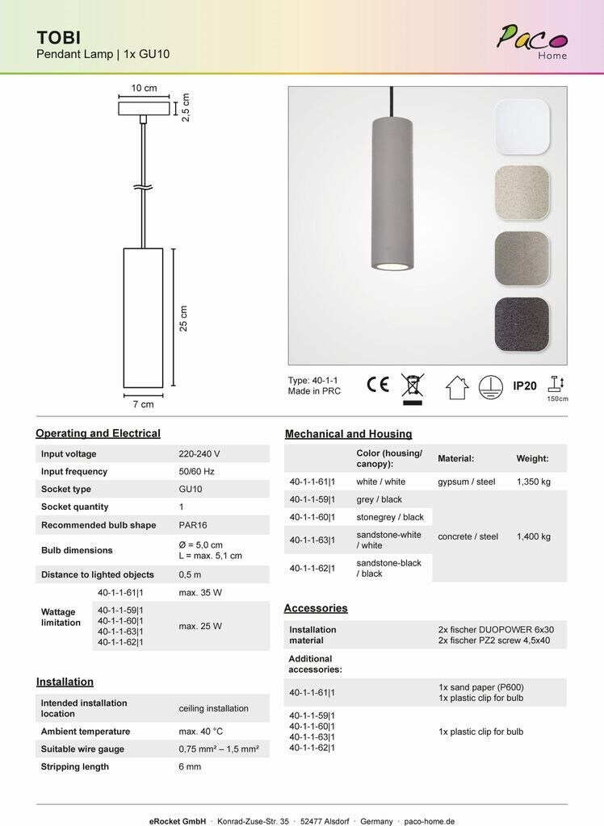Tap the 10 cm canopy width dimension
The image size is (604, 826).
click(x=145, y=89)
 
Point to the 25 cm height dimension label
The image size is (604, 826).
click(x=184, y=319)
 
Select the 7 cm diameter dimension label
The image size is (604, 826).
click(x=143, y=404)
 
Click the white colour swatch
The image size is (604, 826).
click(x=522, y=127)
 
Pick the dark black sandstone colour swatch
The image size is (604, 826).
click(x=522, y=325)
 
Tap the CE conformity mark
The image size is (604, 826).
click(x=377, y=385)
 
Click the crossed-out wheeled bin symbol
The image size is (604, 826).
click(x=413, y=386)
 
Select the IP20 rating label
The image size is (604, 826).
click(x=525, y=386)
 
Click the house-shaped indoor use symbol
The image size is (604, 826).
click(x=457, y=387)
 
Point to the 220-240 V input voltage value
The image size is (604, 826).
click(x=199, y=454)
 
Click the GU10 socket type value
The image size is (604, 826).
click(x=191, y=490)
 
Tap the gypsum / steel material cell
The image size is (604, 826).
click(x=466, y=482)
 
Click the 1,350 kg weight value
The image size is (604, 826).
click(x=534, y=482)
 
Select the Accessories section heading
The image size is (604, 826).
click(x=316, y=608)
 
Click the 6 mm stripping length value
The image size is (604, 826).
click(x=190, y=767)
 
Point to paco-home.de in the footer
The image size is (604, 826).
click(x=429, y=821)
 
